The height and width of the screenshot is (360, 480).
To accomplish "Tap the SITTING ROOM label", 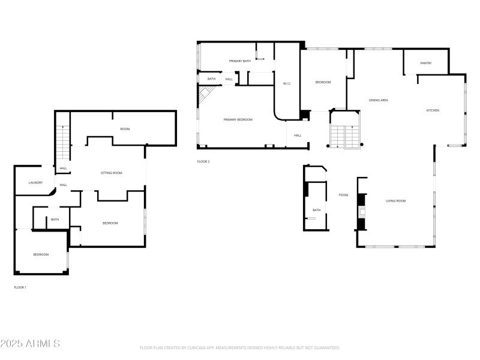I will point(111,173).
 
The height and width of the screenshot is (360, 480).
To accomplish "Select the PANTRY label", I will point(426,63).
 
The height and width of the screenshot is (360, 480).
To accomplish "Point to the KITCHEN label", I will point(433,110).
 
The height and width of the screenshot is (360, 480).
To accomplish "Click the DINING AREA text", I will point(378,100).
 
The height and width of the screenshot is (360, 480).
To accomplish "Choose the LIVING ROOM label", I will point(395,200).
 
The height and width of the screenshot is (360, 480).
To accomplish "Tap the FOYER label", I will point(343,195).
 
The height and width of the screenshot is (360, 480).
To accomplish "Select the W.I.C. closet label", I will point(287,83).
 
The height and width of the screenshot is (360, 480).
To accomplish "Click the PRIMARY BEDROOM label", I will point(238,119).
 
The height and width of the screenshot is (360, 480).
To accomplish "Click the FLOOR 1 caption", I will point(20,287).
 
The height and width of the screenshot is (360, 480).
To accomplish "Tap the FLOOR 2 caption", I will point(203,161).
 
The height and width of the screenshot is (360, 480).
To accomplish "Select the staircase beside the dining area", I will point(344,137).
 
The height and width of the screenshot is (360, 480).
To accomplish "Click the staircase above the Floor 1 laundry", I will point(63,144).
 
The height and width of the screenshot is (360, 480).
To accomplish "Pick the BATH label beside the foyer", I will point(316,210).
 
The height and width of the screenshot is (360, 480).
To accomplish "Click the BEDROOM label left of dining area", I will point(323,82).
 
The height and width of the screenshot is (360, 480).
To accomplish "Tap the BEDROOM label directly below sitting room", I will point(110,223).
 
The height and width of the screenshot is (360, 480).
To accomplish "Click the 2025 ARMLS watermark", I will point(30,344).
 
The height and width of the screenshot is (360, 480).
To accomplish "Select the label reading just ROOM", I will point(125,129).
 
